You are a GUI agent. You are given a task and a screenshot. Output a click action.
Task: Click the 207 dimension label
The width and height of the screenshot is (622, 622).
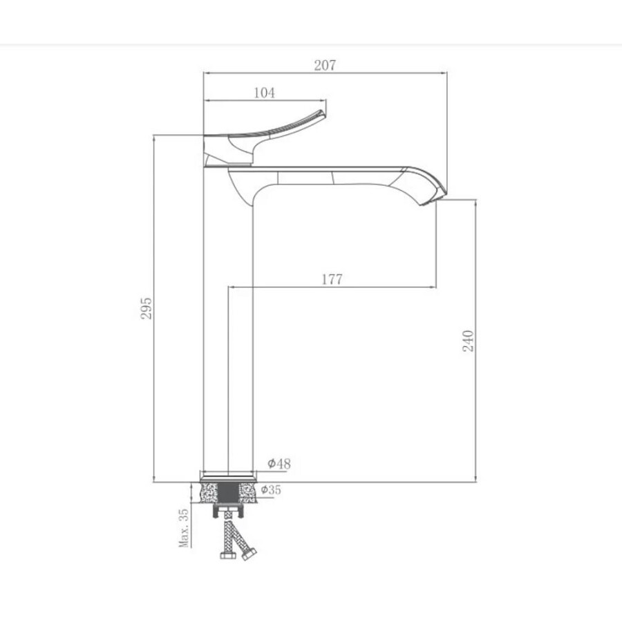coord(325,65)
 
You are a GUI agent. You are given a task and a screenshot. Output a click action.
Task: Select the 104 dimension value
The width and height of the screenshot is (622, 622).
coord(264,93)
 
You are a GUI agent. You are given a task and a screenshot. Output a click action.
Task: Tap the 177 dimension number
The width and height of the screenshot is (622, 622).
coord(332,279)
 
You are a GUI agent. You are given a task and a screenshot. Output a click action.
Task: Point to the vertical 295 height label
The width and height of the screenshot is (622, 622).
coord(147,308)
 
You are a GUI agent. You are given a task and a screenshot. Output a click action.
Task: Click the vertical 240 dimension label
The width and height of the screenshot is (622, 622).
coord(469,341)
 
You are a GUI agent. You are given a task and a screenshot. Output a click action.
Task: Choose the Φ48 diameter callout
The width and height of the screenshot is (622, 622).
coord(279,463)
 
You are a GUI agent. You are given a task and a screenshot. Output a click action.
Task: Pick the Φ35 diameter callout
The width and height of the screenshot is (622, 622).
coord(271,490)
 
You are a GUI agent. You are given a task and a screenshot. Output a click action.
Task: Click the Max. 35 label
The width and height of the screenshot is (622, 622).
coord(184,529)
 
